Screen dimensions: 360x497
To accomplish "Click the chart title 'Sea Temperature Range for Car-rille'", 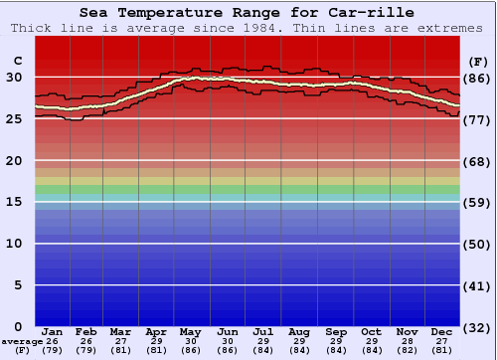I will (247, 13).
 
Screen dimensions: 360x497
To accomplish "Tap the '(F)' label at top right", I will (477, 62).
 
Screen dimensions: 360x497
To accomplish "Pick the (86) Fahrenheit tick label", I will (477, 79).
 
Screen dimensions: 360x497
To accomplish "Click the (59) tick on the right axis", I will (477, 203).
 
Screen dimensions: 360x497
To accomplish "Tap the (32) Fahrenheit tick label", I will (477, 327).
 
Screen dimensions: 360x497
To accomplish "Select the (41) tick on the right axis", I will (477, 285).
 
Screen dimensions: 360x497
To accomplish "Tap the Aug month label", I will (299, 332).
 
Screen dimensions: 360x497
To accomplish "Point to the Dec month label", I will (442, 332).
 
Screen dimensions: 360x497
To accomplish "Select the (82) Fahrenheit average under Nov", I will (407, 350).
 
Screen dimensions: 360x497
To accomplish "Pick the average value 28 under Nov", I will (407, 341).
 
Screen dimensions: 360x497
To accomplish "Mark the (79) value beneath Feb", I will (86, 350).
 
